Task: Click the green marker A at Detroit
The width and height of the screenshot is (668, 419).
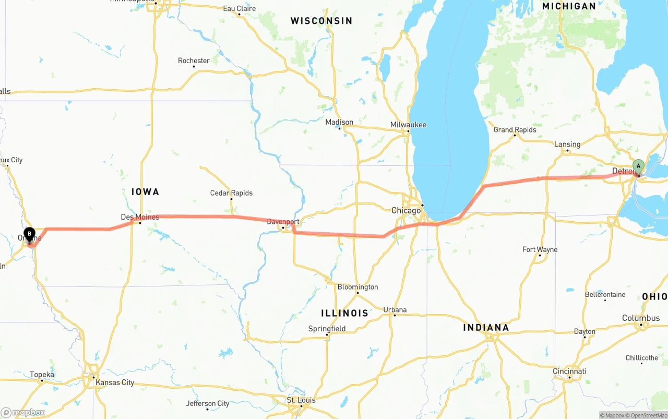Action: pos(638,166)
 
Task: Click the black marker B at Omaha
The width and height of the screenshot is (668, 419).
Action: pos(29,234)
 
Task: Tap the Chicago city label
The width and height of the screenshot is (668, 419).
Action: pos(406,211)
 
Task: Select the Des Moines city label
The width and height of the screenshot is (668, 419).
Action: pos(140,217)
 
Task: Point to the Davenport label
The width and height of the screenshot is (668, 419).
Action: pos(283,222)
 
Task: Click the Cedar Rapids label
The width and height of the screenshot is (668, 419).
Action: pos(231,193)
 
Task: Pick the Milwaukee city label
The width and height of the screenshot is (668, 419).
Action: pos(408,125)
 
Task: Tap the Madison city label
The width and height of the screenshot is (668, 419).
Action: pos(339,122)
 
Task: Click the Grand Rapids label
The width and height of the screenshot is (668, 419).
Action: pos(515,130)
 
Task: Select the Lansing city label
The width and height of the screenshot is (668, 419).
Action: pos(567,145)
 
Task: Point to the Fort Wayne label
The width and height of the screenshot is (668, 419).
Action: pos(540,250)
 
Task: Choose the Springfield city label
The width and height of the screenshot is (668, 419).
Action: pos(327,329)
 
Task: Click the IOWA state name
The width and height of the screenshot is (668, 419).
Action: pos(145,192)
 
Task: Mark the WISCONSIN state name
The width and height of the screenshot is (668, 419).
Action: pos(321,21)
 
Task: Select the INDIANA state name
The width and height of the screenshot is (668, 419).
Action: pos(486,328)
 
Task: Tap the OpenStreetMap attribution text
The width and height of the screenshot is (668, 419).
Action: pos(648,415)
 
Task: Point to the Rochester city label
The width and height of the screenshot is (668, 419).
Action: pos(194,61)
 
